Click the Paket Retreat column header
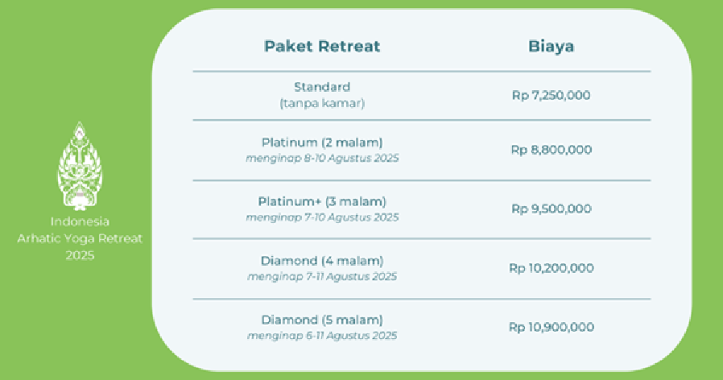322,46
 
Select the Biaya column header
551,47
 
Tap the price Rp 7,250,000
551,96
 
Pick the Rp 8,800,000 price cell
551,150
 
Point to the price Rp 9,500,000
551,209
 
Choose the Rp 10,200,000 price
551,268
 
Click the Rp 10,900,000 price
551,327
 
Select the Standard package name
322,87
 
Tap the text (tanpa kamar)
322,103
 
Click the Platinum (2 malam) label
322,142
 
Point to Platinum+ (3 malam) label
322,201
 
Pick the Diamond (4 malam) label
322,261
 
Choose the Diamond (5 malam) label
322,320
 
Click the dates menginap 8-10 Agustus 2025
322,158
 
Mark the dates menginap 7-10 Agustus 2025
322,217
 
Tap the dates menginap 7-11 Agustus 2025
322,276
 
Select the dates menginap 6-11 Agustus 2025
322,335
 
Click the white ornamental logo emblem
80,166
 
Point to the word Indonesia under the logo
80,221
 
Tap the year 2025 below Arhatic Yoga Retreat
80,255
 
